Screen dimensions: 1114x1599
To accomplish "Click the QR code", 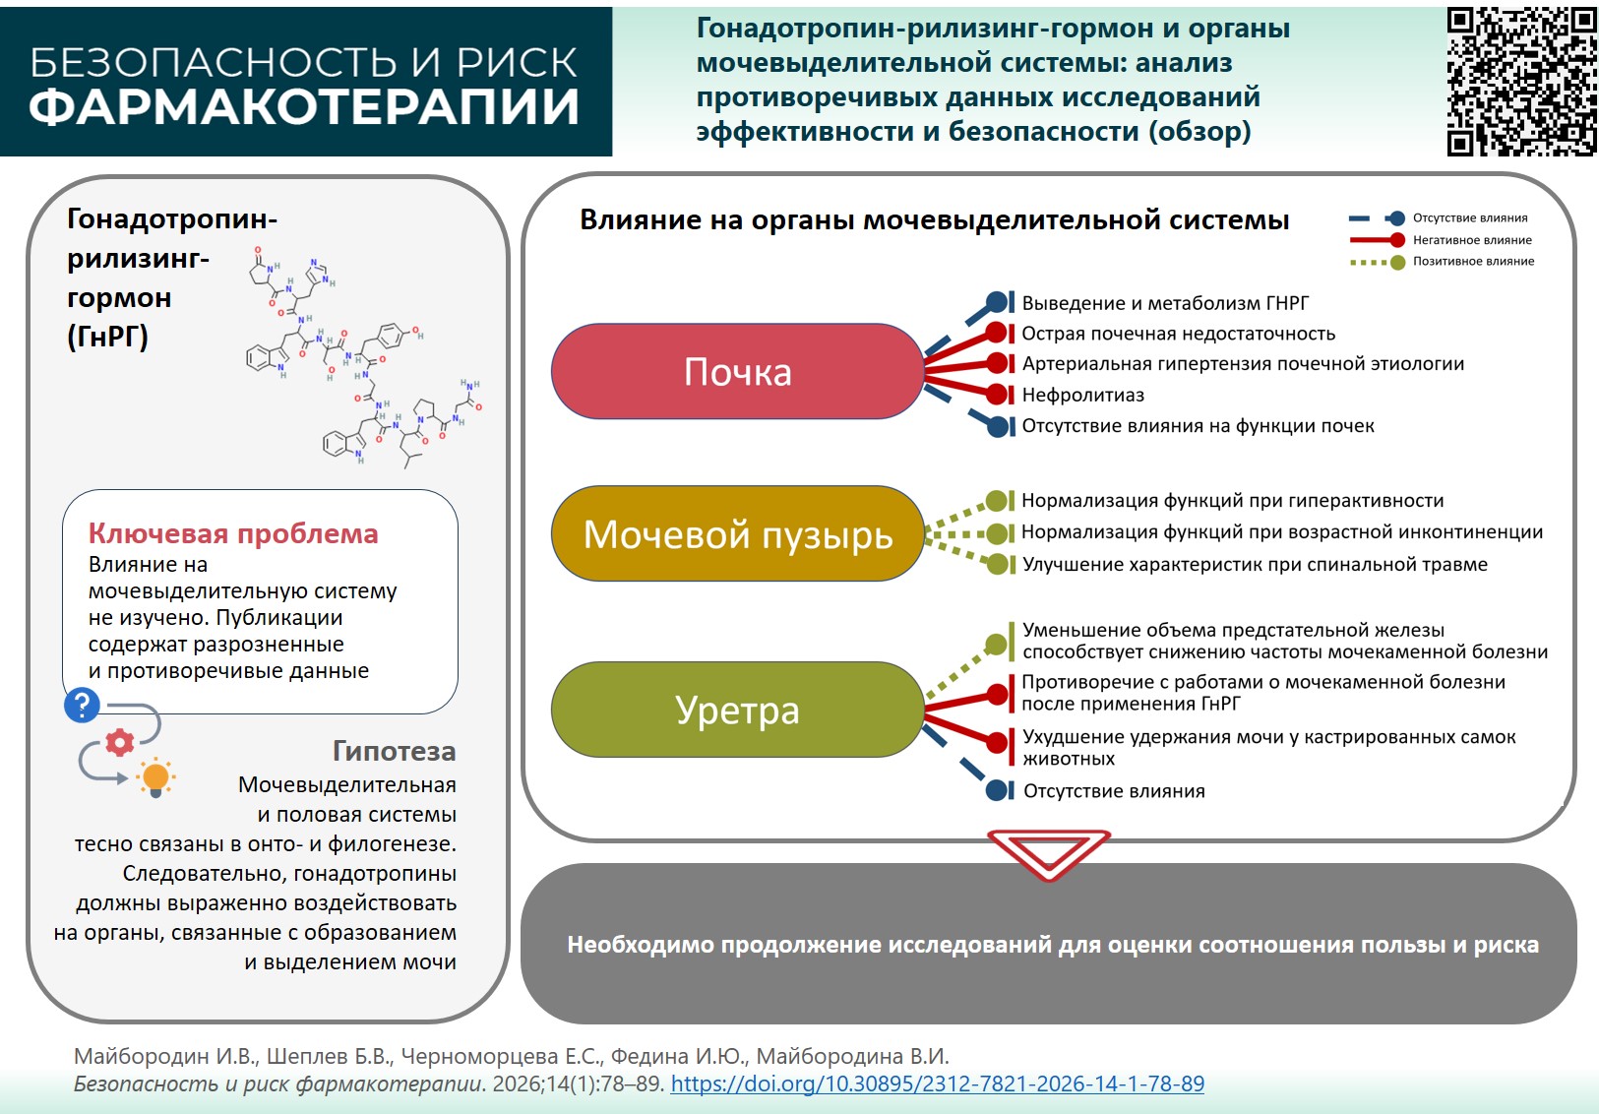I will pyautogui.click(x=1520, y=81).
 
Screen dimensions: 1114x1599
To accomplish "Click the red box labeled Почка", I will pyautogui.click(x=737, y=372).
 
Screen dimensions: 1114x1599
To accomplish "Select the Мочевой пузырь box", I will pyautogui.click(x=737, y=534).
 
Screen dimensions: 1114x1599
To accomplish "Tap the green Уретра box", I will pyautogui.click(x=737, y=710).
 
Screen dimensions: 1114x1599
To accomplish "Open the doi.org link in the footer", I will pyautogui.click(x=937, y=1083).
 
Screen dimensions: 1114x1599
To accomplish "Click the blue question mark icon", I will pyautogui.click(x=82, y=705).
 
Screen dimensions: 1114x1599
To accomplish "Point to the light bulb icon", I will pyautogui.click(x=155, y=777).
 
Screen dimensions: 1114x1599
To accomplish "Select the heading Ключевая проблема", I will pyautogui.click(x=233, y=533).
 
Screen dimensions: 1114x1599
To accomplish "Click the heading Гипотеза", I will pyautogui.click(x=394, y=751).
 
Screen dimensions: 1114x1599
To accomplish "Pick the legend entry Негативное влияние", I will pyautogui.click(x=1472, y=240).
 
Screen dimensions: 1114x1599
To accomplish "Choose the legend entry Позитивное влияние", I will pyautogui.click(x=1473, y=262).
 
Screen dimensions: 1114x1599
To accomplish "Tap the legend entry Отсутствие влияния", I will pyautogui.click(x=1470, y=218).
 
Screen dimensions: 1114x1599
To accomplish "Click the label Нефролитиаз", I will pyautogui.click(x=1082, y=395).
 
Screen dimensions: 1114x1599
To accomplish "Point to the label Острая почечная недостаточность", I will pyautogui.click(x=1178, y=334).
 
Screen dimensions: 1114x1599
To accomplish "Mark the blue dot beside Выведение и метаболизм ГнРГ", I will pyautogui.click(x=996, y=302).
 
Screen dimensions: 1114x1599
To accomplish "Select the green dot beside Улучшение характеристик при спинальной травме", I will pyautogui.click(x=996, y=564).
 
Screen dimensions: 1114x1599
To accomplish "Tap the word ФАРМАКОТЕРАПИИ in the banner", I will pyautogui.click(x=304, y=107).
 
